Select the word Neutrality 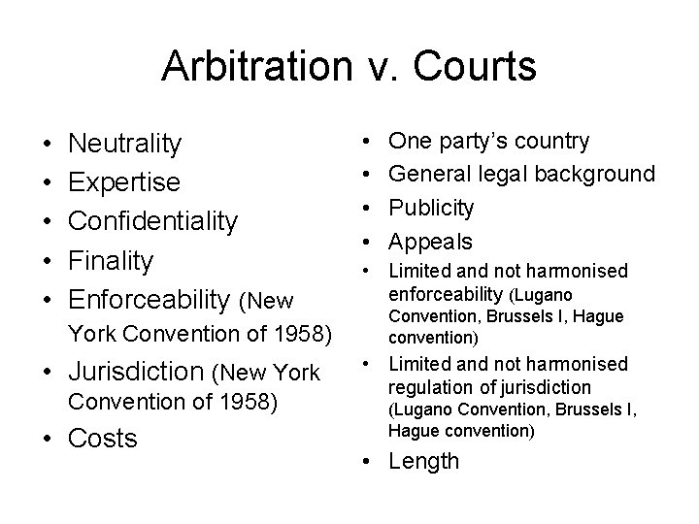124,145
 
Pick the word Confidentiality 151,222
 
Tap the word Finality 110,260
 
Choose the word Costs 102,439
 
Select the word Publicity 431,208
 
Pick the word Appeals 430,241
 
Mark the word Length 423,461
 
